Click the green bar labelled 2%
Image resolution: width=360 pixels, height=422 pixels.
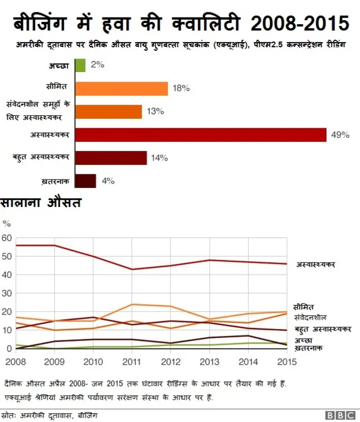[80, 65]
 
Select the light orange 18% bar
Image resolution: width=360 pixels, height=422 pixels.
[121, 88]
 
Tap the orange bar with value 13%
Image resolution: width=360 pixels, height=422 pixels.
[108, 111]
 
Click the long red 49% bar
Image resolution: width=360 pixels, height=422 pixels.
[200, 135]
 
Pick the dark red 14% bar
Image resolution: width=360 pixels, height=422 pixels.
[110, 158]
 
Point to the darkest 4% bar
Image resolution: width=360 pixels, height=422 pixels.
[85, 181]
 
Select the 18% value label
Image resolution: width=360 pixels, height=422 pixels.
[181, 88]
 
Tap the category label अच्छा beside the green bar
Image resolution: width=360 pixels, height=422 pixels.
[58, 66]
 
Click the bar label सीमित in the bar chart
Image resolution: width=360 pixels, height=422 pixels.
[57, 87]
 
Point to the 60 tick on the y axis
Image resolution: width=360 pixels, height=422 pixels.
[7, 238]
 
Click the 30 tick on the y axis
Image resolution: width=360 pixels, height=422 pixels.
[7, 293]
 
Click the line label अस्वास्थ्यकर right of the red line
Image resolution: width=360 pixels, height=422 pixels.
[316, 264]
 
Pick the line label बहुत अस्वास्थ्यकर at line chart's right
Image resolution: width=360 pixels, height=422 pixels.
[323, 329]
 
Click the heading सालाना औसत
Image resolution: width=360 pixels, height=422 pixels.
[42, 202]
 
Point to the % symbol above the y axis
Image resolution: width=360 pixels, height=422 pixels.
[7, 223]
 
